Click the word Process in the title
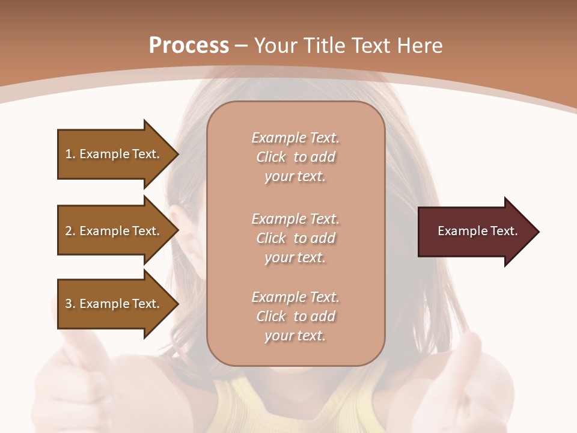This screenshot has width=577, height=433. tap(189, 45)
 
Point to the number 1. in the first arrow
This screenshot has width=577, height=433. tap(70, 154)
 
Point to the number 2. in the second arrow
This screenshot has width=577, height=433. tap(70, 231)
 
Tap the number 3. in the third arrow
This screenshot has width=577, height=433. tap(70, 304)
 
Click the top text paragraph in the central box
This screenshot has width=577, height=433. tap(296, 157)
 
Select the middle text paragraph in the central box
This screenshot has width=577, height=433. tap(296, 238)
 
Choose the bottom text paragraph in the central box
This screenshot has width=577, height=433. tap(296, 316)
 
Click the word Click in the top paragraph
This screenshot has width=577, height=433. tap(271, 157)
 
